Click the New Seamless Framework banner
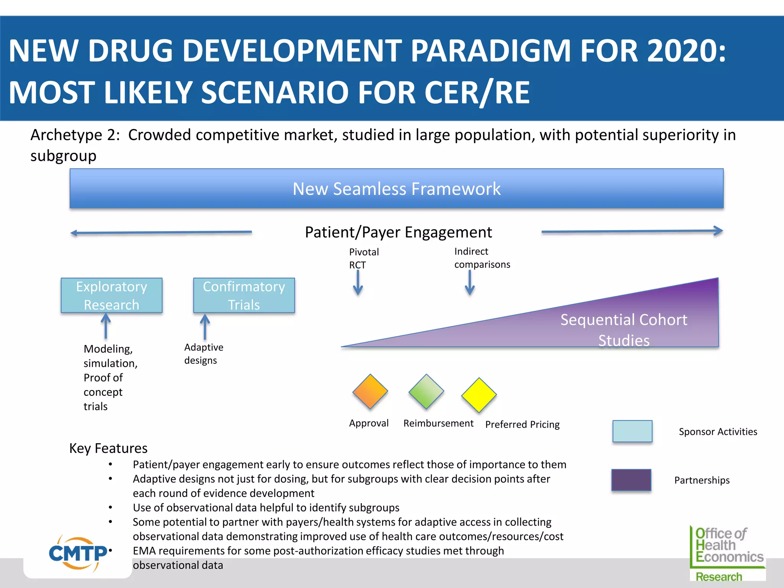point(397,189)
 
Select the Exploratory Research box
point(111,296)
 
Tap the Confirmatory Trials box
point(244,296)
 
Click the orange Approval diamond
point(370,392)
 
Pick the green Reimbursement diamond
point(426,392)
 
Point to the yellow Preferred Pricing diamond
point(479,395)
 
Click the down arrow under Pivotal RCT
point(358,283)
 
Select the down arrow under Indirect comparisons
point(470,283)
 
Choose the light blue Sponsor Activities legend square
point(632,431)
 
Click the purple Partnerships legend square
point(631,480)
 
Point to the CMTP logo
point(78,554)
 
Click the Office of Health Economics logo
point(727,553)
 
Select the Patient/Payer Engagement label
point(398,232)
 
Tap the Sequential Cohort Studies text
point(624,330)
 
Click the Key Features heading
point(108,448)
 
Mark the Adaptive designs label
point(203,354)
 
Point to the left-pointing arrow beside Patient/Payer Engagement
point(161,232)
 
